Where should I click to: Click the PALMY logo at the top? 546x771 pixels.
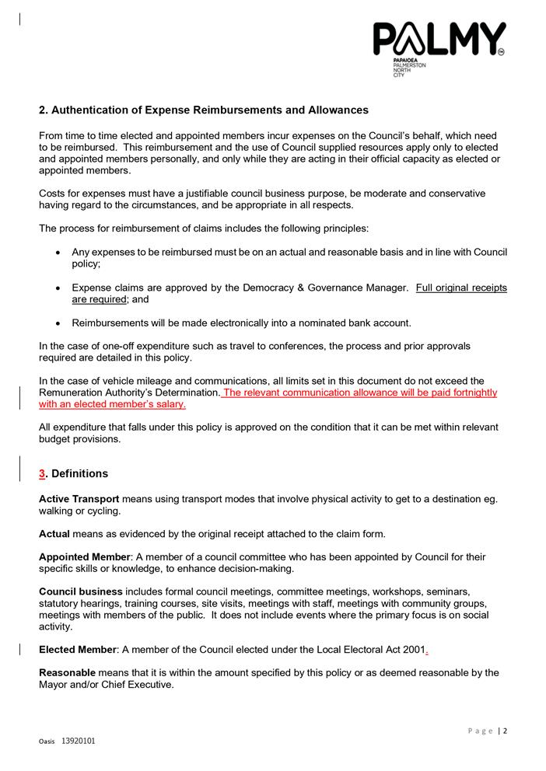click(x=439, y=40)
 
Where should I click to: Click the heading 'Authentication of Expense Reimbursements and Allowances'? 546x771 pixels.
click(x=210, y=110)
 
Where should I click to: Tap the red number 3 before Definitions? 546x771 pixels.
click(x=43, y=473)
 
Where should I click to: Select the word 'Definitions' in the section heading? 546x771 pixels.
click(x=80, y=473)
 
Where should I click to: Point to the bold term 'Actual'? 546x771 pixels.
click(x=54, y=534)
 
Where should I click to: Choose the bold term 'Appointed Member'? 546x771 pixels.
click(x=84, y=557)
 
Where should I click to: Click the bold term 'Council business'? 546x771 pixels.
click(x=81, y=591)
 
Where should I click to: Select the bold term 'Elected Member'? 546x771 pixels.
click(x=78, y=649)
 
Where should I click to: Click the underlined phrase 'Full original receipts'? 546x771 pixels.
click(x=461, y=288)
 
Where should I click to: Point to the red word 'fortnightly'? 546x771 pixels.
click(x=469, y=392)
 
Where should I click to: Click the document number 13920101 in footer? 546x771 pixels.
click(x=79, y=741)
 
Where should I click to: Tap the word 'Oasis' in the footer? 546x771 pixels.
click(x=47, y=741)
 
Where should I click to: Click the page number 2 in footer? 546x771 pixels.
click(x=505, y=731)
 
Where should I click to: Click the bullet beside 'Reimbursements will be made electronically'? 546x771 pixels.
click(x=59, y=323)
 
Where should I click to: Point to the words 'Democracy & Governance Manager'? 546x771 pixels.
click(x=325, y=288)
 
